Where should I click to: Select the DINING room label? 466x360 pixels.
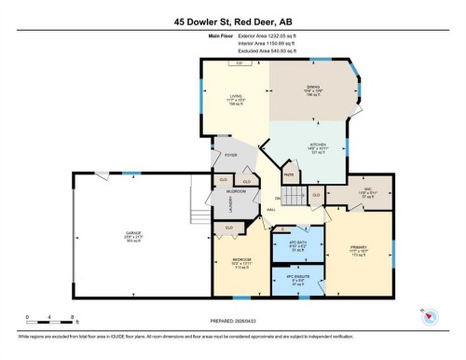[x=313, y=90]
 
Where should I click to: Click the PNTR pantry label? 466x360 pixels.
[x=289, y=174]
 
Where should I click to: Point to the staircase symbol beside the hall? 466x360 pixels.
[x=296, y=197]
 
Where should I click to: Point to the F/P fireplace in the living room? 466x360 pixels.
[x=240, y=62]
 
